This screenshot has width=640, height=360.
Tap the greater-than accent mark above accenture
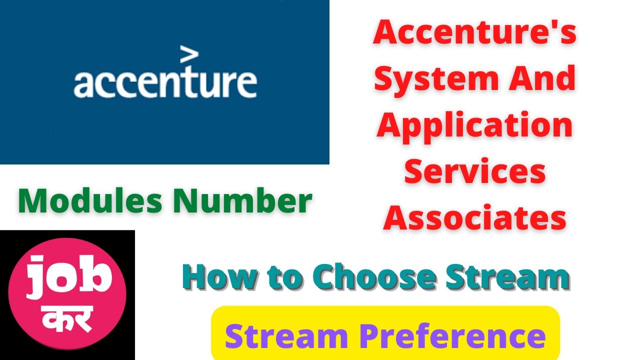pos(188,55)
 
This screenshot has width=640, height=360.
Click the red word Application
pos(474,125)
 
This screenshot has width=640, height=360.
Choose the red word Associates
pos(474,218)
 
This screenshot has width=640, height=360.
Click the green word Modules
pos(90,201)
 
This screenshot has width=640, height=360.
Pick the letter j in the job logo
pos(34,277)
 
